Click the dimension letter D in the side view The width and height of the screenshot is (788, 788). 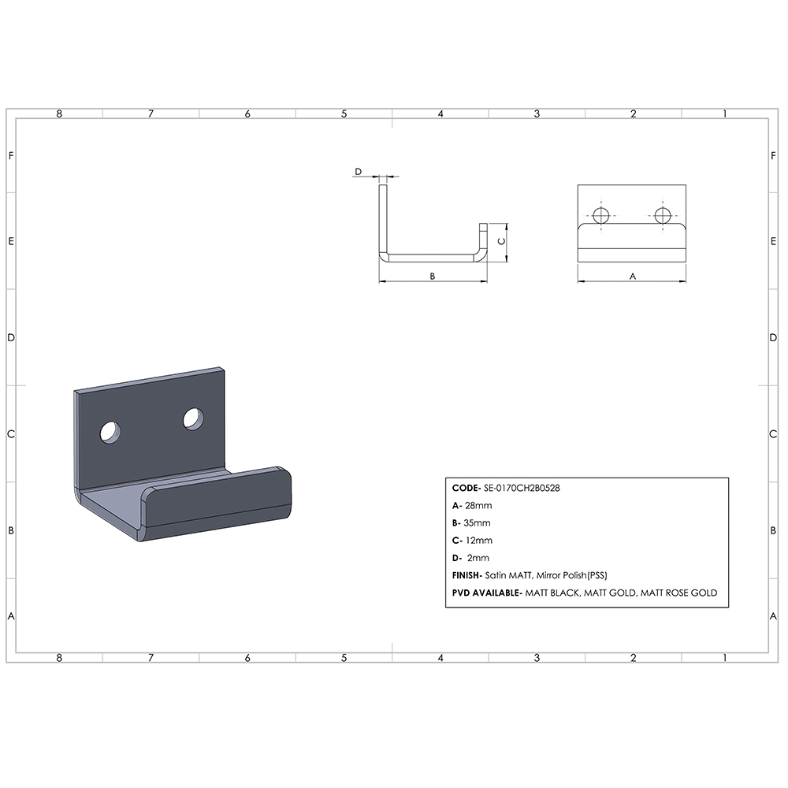[x=358, y=171]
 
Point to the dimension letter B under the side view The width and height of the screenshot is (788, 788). [x=433, y=276]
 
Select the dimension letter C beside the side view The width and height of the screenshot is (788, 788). [x=500, y=242]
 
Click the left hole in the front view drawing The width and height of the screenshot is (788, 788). [x=602, y=215]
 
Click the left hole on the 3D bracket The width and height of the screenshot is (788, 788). [x=111, y=431]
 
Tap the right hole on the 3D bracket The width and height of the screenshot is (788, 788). [x=194, y=418]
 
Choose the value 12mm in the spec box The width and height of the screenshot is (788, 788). [x=479, y=541]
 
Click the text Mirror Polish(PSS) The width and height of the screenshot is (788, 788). [x=573, y=575]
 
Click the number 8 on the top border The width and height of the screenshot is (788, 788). [x=59, y=113]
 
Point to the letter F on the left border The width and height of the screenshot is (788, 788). [x=11, y=155]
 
